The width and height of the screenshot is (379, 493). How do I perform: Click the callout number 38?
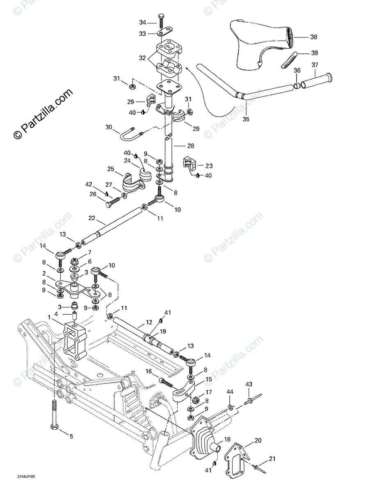(314, 37)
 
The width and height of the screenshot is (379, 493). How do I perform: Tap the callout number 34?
(142, 22)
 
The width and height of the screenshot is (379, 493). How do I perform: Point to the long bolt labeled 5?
(55, 411)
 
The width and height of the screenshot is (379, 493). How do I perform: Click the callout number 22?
(91, 218)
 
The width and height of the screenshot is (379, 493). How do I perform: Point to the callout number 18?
(227, 439)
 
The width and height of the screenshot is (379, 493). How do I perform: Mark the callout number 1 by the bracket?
(50, 318)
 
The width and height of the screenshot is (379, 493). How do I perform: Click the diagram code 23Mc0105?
(26, 477)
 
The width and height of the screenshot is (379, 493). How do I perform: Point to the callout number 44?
(230, 393)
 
